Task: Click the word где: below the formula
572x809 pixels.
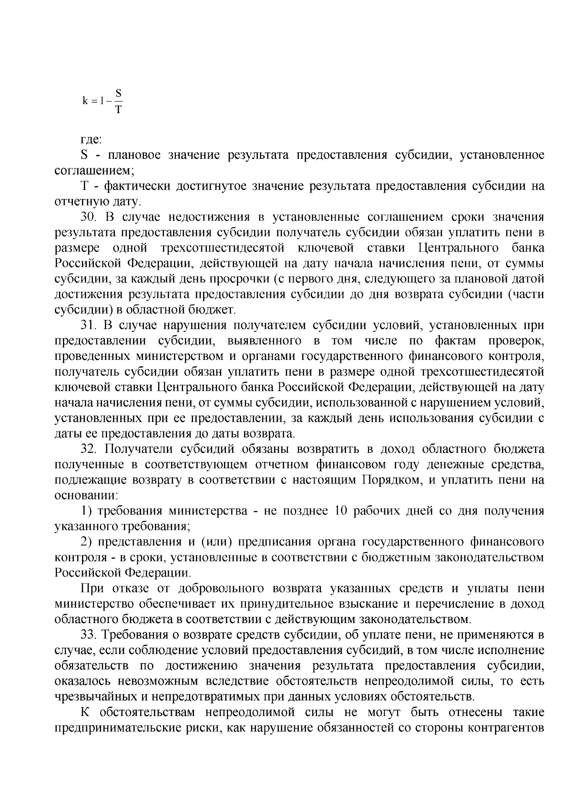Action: coord(91,140)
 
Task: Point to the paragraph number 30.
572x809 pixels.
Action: coord(89,217)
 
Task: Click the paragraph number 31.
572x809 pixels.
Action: coord(88,326)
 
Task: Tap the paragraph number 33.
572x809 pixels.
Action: coord(89,635)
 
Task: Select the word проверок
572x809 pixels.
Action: coord(518,341)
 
